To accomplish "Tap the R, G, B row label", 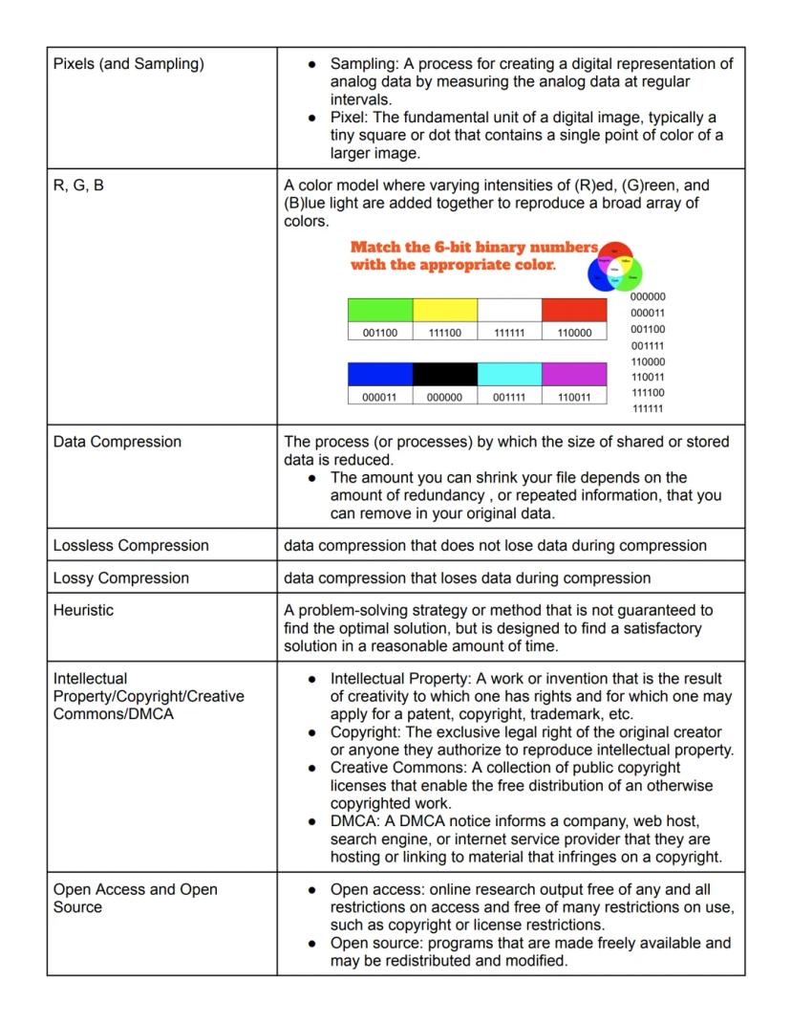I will point(78,185).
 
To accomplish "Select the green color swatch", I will point(380,310).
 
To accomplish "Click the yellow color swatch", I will point(445,310).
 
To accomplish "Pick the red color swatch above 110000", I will point(574,310).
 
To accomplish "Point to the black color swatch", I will point(445,374).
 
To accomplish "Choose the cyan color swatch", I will point(509,374).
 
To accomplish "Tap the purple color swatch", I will point(574,374).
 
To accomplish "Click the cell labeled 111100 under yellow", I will point(445,333).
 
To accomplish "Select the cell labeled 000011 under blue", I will point(380,397).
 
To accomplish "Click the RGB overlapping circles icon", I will point(615,266).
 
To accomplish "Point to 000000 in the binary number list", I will point(648,296).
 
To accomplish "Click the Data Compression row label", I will point(118,442).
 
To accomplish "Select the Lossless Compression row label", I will point(131,545).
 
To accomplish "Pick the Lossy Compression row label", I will point(121,577).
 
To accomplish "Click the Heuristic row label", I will point(83,610).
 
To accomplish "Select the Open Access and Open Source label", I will point(135,898).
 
